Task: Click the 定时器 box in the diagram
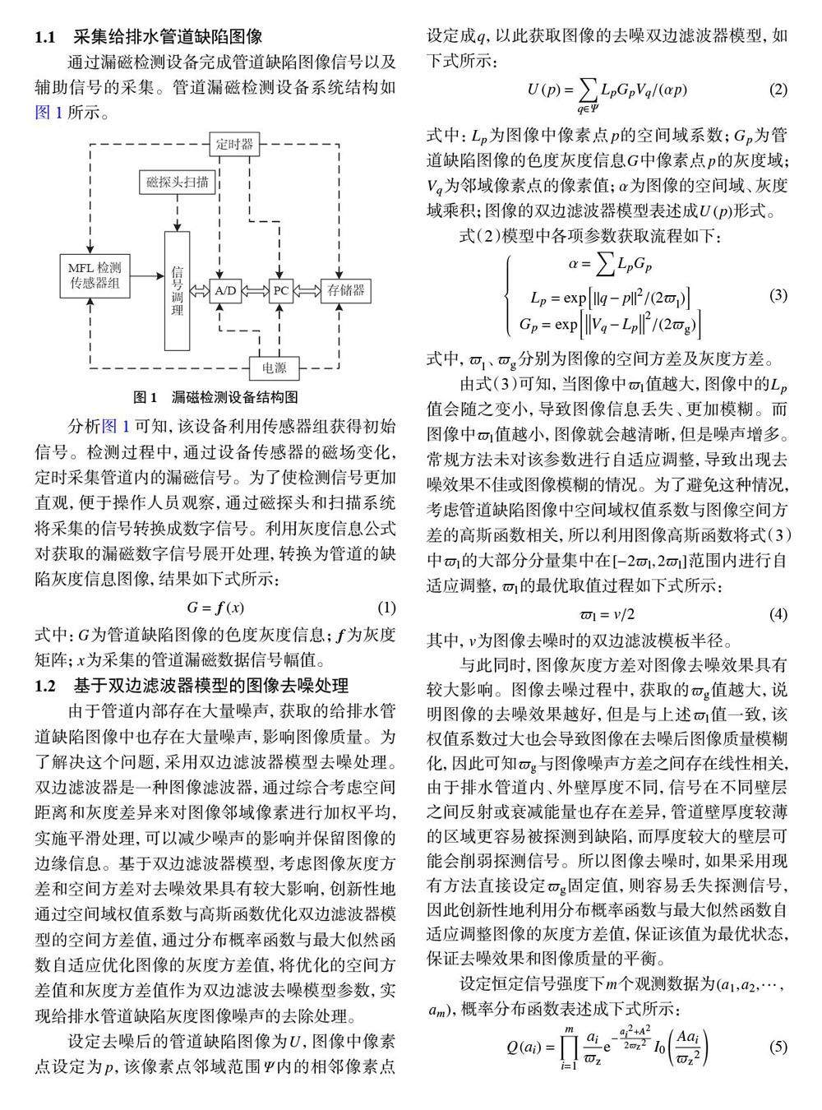coord(234,144)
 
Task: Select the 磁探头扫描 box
coord(178,183)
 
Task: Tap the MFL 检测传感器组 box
coord(95,276)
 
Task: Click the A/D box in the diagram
coord(225,290)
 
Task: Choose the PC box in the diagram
coord(281,290)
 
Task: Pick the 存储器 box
coord(345,290)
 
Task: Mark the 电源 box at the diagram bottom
coord(275,367)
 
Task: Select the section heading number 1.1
coord(44,37)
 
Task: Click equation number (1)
coord(386,608)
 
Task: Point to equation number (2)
coord(778,90)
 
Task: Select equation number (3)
coord(778,295)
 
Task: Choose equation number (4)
coord(778,614)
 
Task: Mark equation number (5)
coord(778,1047)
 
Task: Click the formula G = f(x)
coord(215,608)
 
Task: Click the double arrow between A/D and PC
coord(253,290)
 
